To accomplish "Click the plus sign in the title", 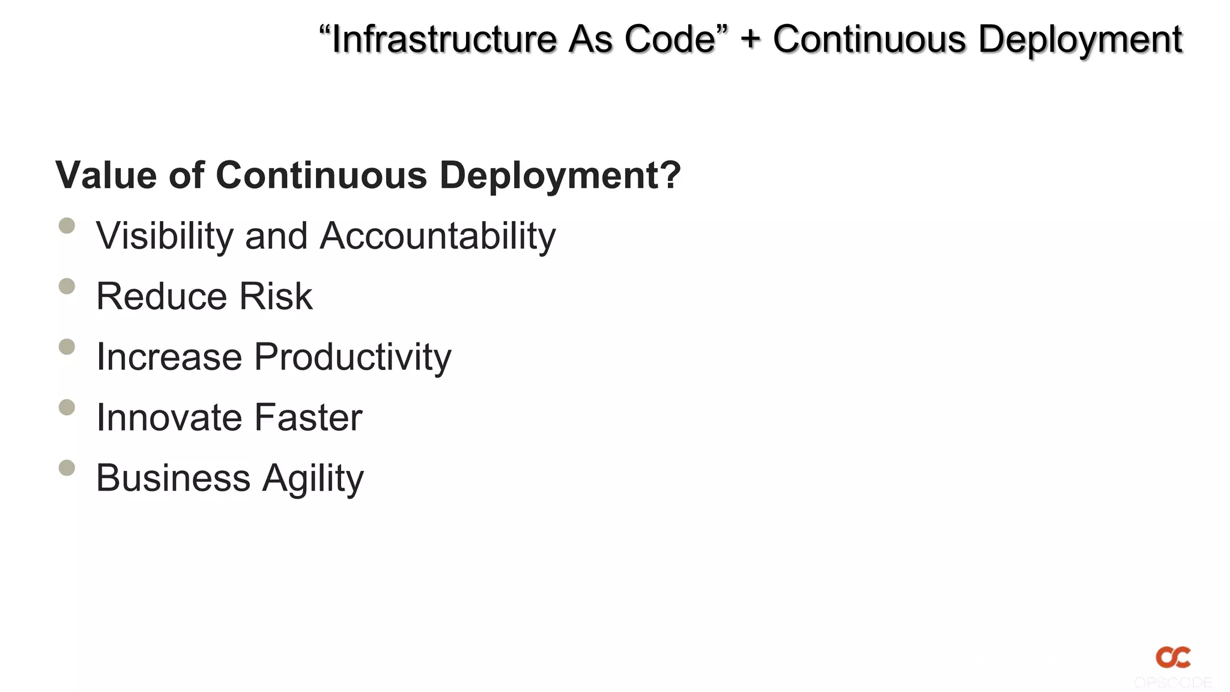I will coord(750,40).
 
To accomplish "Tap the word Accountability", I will coord(438,236).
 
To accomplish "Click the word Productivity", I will coord(353,358).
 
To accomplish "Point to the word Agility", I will coord(313,479).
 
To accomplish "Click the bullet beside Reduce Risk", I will coord(67,286).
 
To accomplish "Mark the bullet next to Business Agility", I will coord(67,467).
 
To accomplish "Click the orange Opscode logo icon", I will coord(1173,657).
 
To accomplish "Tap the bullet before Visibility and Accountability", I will coord(67,225).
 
